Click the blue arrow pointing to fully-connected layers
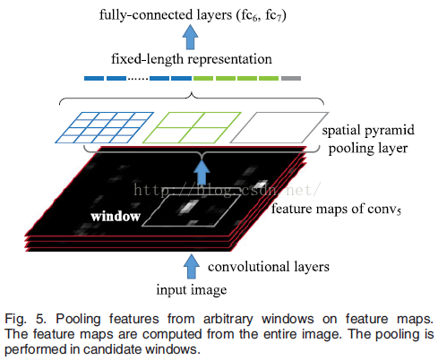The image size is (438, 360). coord(190,37)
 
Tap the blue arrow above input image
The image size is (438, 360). coord(192,267)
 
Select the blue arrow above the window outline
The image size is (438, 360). coord(202,173)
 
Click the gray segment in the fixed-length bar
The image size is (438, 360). coord(291,78)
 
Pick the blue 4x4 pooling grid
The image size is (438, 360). coord(104,127)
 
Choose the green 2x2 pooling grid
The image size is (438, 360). coord(192,127)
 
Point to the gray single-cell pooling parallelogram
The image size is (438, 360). coord(279,127)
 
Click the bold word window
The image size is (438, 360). coord(116,217)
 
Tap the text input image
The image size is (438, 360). coord(192,289)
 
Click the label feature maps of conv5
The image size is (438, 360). coord(336,209)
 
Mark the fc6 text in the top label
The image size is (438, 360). coord(247,15)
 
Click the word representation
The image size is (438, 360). coord(230,59)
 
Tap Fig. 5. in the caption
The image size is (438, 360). coord(25,319)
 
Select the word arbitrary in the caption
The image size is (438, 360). coord(228,319)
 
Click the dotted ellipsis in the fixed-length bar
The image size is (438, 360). coord(138,79)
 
